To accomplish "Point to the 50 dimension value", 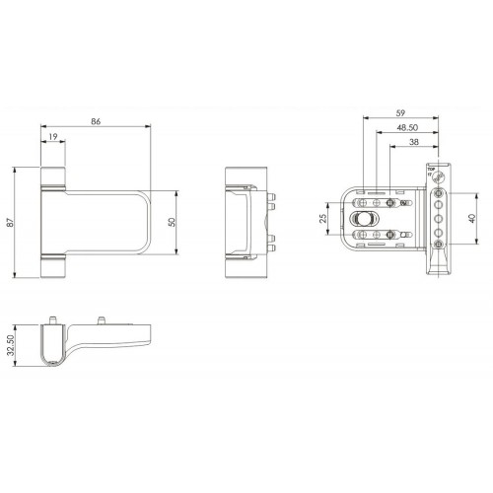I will [173, 223].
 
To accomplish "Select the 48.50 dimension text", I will [405, 128].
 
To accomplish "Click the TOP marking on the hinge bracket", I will [431, 170].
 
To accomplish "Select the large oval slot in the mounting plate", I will [362, 218].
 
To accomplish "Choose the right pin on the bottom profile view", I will [102, 320].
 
